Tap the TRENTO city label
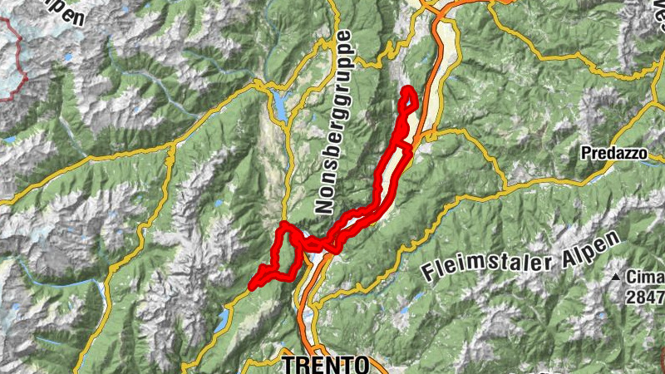pos(325,365)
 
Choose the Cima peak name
pos(644,278)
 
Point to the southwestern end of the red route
pos(250,288)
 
